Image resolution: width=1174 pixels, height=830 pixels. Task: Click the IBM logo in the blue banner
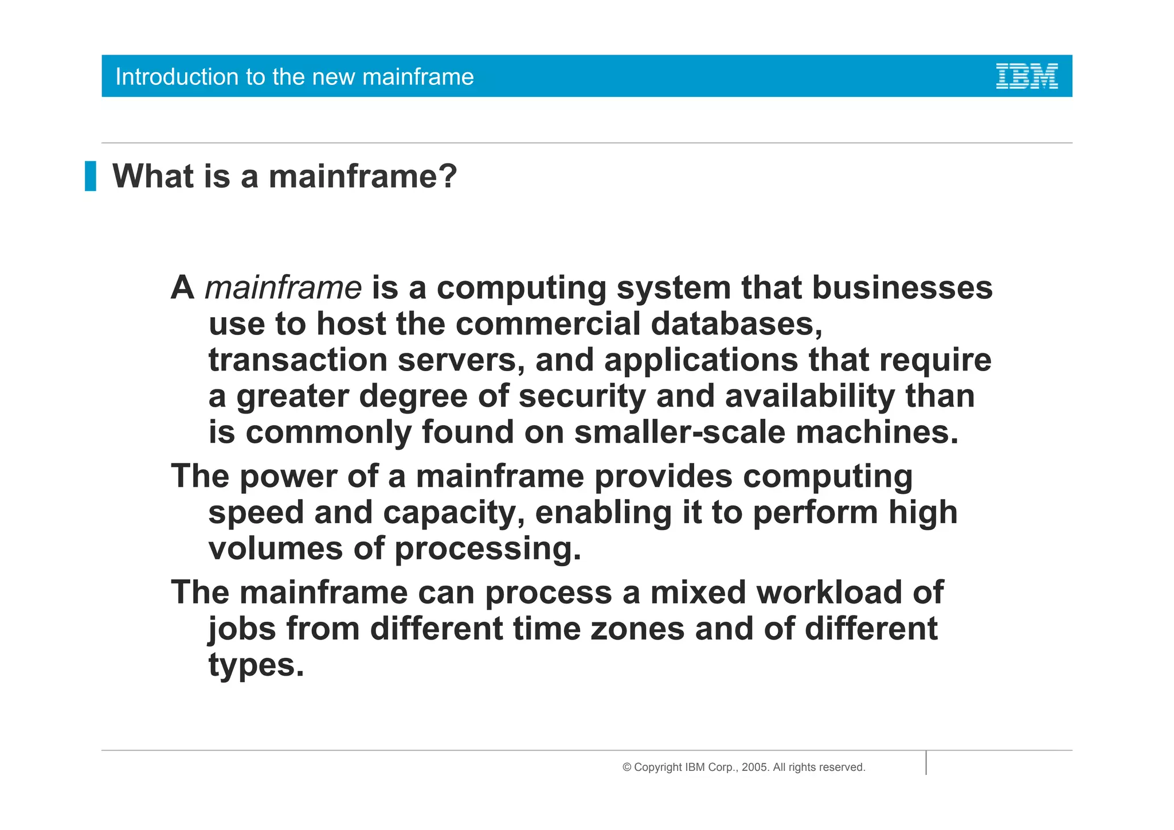pos(1026,76)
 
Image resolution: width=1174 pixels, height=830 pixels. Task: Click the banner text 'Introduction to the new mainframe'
pos(295,77)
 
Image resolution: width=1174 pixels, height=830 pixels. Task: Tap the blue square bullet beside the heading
pos(91,176)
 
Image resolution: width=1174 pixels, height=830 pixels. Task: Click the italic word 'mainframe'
pos(283,288)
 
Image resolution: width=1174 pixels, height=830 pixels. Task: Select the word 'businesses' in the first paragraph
pos(902,288)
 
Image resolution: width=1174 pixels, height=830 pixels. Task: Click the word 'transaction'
pos(298,360)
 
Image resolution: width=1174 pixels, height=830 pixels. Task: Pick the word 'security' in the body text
pos(582,397)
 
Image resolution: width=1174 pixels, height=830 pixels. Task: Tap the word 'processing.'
pos(488,550)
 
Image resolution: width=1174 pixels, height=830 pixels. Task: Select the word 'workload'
pos(829,593)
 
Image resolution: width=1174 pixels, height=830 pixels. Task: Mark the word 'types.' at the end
pos(256,665)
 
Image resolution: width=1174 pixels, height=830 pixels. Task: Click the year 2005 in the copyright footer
pos(754,767)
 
